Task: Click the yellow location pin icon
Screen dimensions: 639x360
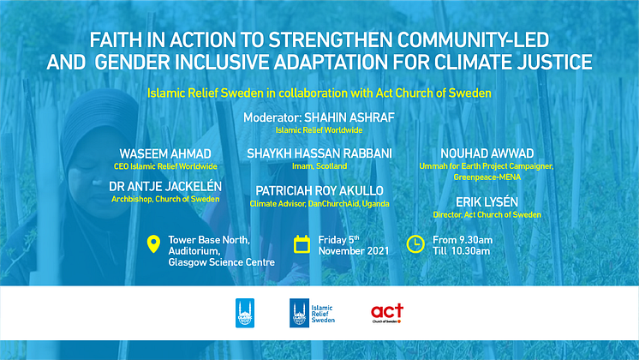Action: pyautogui.click(x=153, y=243)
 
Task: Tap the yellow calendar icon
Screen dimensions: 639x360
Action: pyautogui.click(x=302, y=244)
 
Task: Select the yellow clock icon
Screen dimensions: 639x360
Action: pyautogui.click(x=415, y=243)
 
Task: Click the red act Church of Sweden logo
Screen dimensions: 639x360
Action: pyautogui.click(x=387, y=313)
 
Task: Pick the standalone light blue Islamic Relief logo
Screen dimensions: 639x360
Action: pyautogui.click(x=245, y=313)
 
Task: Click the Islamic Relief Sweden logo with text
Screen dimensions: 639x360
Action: pyautogui.click(x=312, y=313)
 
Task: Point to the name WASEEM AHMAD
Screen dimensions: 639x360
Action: pyautogui.click(x=165, y=154)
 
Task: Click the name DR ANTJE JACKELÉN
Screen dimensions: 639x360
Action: pyautogui.click(x=165, y=186)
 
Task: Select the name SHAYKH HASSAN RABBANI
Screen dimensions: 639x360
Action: pyautogui.click(x=319, y=153)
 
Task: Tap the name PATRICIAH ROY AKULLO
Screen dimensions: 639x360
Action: pyautogui.click(x=319, y=191)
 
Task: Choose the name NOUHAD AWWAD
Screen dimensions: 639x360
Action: pyautogui.click(x=487, y=153)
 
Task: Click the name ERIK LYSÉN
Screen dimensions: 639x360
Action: pyautogui.click(x=487, y=201)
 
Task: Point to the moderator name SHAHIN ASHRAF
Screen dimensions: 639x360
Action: pyautogui.click(x=349, y=117)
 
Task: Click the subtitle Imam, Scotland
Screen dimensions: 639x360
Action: pyautogui.click(x=319, y=166)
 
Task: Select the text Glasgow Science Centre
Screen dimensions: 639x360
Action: pyautogui.click(x=222, y=262)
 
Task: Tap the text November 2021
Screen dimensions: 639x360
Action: pyautogui.click(x=354, y=251)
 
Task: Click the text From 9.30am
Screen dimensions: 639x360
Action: pyautogui.click(x=463, y=240)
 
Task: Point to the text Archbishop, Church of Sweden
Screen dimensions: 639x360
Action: pyautogui.click(x=165, y=200)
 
